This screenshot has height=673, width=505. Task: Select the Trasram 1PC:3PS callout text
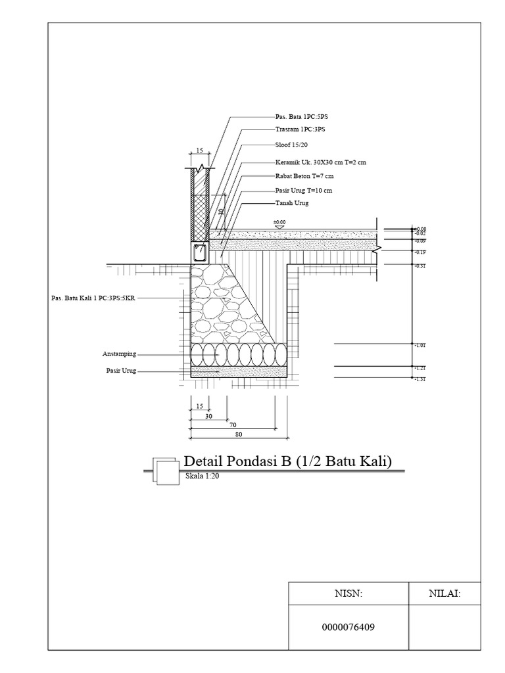pyautogui.click(x=299, y=129)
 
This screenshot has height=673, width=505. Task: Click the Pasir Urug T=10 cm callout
pyautogui.click(x=303, y=191)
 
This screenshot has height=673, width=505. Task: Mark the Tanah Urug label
pyautogui.click(x=291, y=203)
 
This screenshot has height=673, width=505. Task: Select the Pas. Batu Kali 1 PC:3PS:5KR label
pyautogui.click(x=93, y=298)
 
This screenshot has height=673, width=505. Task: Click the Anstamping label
pyautogui.click(x=119, y=354)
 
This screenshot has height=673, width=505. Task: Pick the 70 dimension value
pyautogui.click(x=233, y=425)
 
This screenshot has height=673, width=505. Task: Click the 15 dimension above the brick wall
pyautogui.click(x=199, y=151)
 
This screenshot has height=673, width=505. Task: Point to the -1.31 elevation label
pyautogui.click(x=421, y=380)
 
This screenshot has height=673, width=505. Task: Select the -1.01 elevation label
pyautogui.click(x=421, y=345)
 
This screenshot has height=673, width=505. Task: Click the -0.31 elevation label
pyautogui.click(x=421, y=266)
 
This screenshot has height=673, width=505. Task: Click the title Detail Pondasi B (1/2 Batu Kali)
pyautogui.click(x=288, y=461)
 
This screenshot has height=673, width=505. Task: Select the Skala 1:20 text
pyautogui.click(x=202, y=476)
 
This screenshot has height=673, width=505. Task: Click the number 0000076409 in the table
pyautogui.click(x=349, y=626)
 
